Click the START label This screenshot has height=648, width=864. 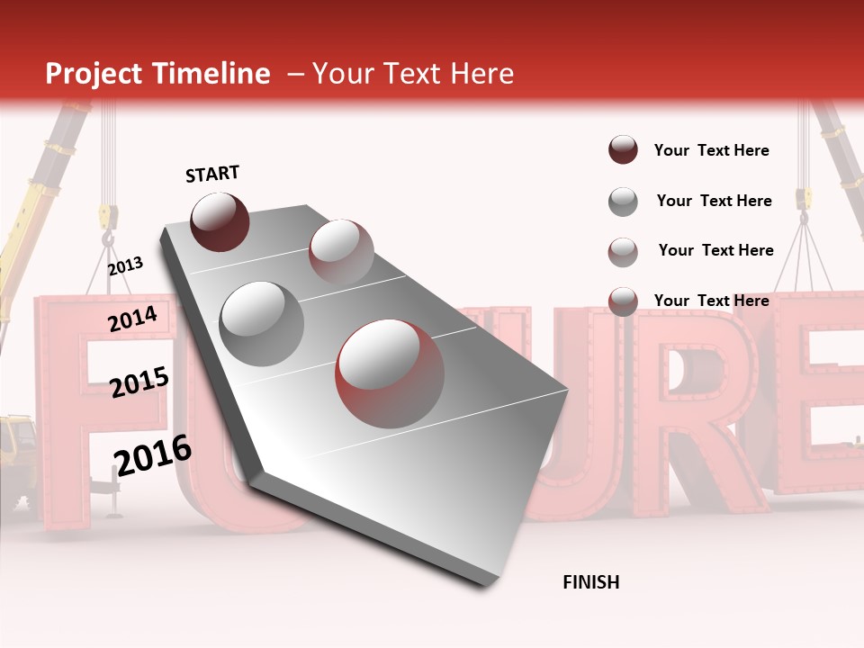coord(212,174)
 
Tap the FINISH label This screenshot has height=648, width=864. coord(590,582)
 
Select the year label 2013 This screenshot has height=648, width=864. coord(125,266)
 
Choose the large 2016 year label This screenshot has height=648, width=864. coord(153,455)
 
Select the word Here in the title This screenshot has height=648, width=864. coord(481,74)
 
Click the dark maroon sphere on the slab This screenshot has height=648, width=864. coord(220,221)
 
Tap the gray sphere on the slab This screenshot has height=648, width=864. coord(262,323)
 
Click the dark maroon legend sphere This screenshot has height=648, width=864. coord(623,149)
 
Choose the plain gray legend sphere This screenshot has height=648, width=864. coord(623,202)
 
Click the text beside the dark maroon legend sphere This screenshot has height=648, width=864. coord(711,150)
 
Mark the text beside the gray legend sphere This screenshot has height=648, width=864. coord(714,201)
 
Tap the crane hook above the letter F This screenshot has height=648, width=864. coord(109,236)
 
